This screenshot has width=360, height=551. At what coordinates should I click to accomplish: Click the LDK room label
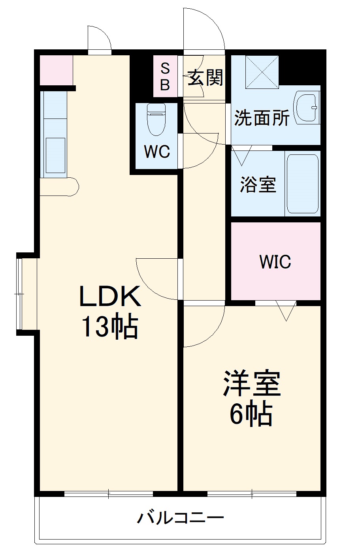pyautogui.click(x=110, y=297)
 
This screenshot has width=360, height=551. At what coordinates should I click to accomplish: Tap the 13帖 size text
pyautogui.click(x=109, y=327)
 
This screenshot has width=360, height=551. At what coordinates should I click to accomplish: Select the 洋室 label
pyautogui.click(x=252, y=384)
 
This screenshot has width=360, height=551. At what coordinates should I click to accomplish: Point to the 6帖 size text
pyautogui.click(x=251, y=414)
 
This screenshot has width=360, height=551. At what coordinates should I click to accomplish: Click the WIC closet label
pyautogui.click(x=275, y=261)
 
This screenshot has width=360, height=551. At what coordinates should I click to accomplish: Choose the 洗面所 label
pyautogui.click(x=262, y=117)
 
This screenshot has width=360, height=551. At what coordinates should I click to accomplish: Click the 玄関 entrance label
pyautogui.click(x=205, y=78)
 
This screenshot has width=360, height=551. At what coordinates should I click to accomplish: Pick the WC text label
pyautogui.click(x=157, y=151)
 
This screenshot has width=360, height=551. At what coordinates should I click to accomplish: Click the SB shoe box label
pyautogui.click(x=165, y=77)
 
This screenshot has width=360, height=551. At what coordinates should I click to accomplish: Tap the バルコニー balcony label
pyautogui.click(x=180, y=517)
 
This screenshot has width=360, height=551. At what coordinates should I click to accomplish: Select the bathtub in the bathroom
pyautogui.click(x=302, y=184)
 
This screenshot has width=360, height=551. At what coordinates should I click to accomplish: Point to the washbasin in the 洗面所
pyautogui.click(x=307, y=107)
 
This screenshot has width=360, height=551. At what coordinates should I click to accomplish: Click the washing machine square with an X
pyautogui.click(x=262, y=71)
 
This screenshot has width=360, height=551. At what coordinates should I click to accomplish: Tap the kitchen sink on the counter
pyautogui.click(x=55, y=155)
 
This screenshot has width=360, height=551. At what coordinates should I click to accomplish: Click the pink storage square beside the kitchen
pyautogui.click(x=56, y=70)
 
